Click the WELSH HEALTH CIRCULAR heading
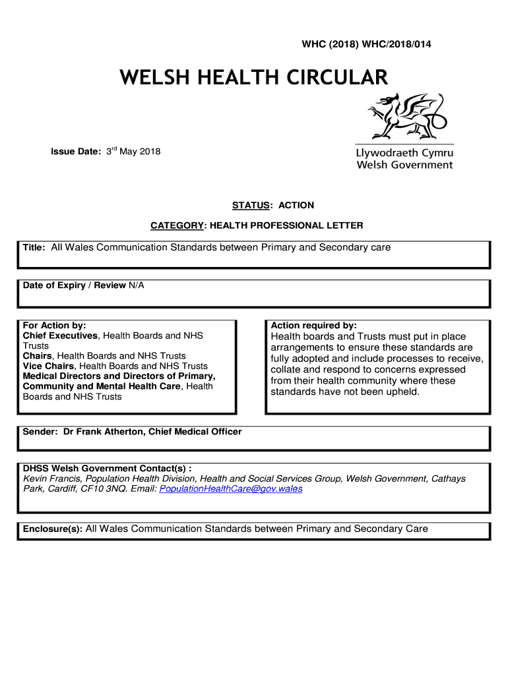click(253, 78)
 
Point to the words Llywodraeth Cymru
click(404, 153)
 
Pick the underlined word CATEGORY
click(177, 225)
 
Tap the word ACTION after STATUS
click(296, 205)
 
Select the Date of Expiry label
click(54, 285)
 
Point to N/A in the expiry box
click(136, 285)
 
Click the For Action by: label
click(55, 326)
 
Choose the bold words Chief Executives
click(61, 336)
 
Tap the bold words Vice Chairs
click(49, 366)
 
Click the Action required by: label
click(314, 326)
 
